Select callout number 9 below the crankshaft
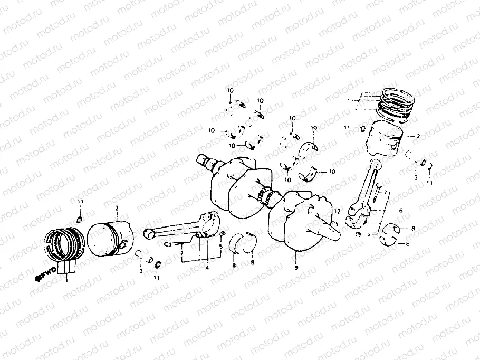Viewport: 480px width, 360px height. (x=296, y=268)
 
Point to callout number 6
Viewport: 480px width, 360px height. (x=401, y=210)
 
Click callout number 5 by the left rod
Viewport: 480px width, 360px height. (x=221, y=246)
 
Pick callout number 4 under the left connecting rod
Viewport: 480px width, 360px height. (x=207, y=268)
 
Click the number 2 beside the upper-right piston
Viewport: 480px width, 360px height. (x=418, y=136)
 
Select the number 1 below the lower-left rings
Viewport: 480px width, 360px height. (x=66, y=281)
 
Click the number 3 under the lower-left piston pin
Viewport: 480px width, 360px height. (x=141, y=271)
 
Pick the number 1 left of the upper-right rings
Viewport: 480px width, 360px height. (x=349, y=100)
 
